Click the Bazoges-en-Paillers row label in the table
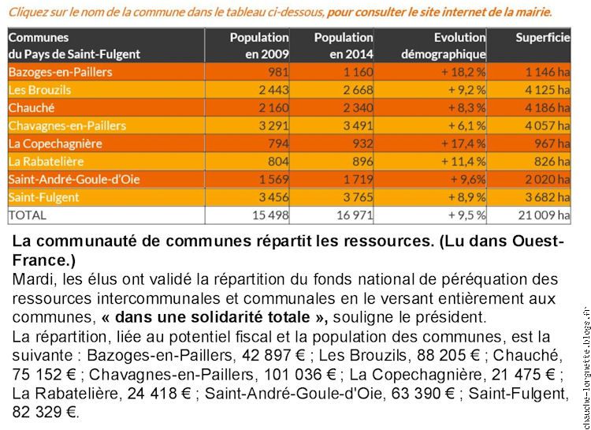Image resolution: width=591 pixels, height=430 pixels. click(x=61, y=72)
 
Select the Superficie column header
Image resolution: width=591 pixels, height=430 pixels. click(x=543, y=37)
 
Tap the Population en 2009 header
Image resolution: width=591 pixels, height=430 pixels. click(x=259, y=46)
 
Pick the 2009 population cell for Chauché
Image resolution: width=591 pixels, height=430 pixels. click(x=273, y=107)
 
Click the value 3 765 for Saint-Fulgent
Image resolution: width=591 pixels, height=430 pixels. click(x=358, y=197)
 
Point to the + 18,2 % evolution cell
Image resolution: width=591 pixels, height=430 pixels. click(x=463, y=72)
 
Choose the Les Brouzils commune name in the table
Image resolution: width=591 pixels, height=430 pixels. click(x=39, y=90)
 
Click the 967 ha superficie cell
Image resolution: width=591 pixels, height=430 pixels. click(x=552, y=144)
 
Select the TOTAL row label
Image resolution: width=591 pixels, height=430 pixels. click(x=27, y=215)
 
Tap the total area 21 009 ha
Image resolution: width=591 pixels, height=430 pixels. click(x=544, y=215)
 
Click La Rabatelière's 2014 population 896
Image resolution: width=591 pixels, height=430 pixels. click(x=362, y=161)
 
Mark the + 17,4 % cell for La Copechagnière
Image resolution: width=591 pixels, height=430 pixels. click(x=463, y=144)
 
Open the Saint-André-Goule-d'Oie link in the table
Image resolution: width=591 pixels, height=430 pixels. click(x=74, y=179)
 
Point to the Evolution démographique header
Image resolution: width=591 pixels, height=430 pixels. click(x=443, y=46)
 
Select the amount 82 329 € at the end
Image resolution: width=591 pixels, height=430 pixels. click(x=46, y=412)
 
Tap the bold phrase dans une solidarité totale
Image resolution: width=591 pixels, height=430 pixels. click(x=213, y=317)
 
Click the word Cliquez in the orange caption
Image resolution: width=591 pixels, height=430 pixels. click(x=25, y=13)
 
